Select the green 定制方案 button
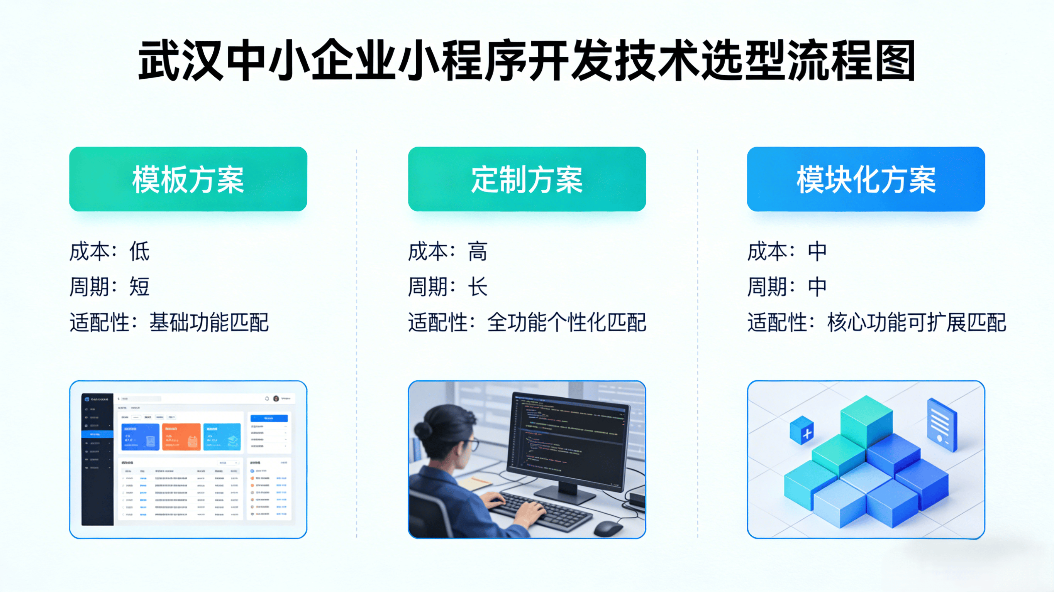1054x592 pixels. [527, 179]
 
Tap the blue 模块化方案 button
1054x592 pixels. [865, 179]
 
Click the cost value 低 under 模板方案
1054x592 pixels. [139, 251]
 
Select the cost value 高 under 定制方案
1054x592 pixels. [478, 251]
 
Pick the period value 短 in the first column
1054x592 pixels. [139, 286]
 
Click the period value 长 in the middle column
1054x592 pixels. [478, 286]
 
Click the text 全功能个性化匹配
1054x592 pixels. [567, 322]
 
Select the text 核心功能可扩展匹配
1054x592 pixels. [917, 322]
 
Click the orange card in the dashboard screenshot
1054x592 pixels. [181, 437]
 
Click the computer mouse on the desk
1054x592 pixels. [608, 528]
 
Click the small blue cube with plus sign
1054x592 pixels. [802, 430]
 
